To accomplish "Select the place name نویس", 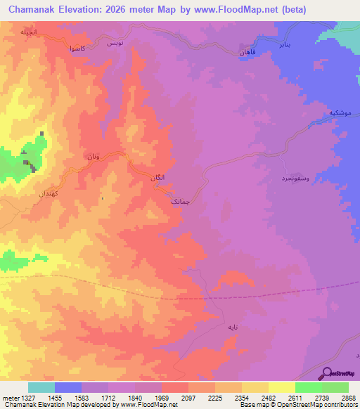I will click(114, 44).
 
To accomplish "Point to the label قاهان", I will click(247, 53).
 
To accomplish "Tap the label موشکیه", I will click(338, 113).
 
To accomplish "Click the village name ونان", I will click(93, 156).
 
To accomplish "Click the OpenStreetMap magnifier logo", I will click(327, 373).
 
